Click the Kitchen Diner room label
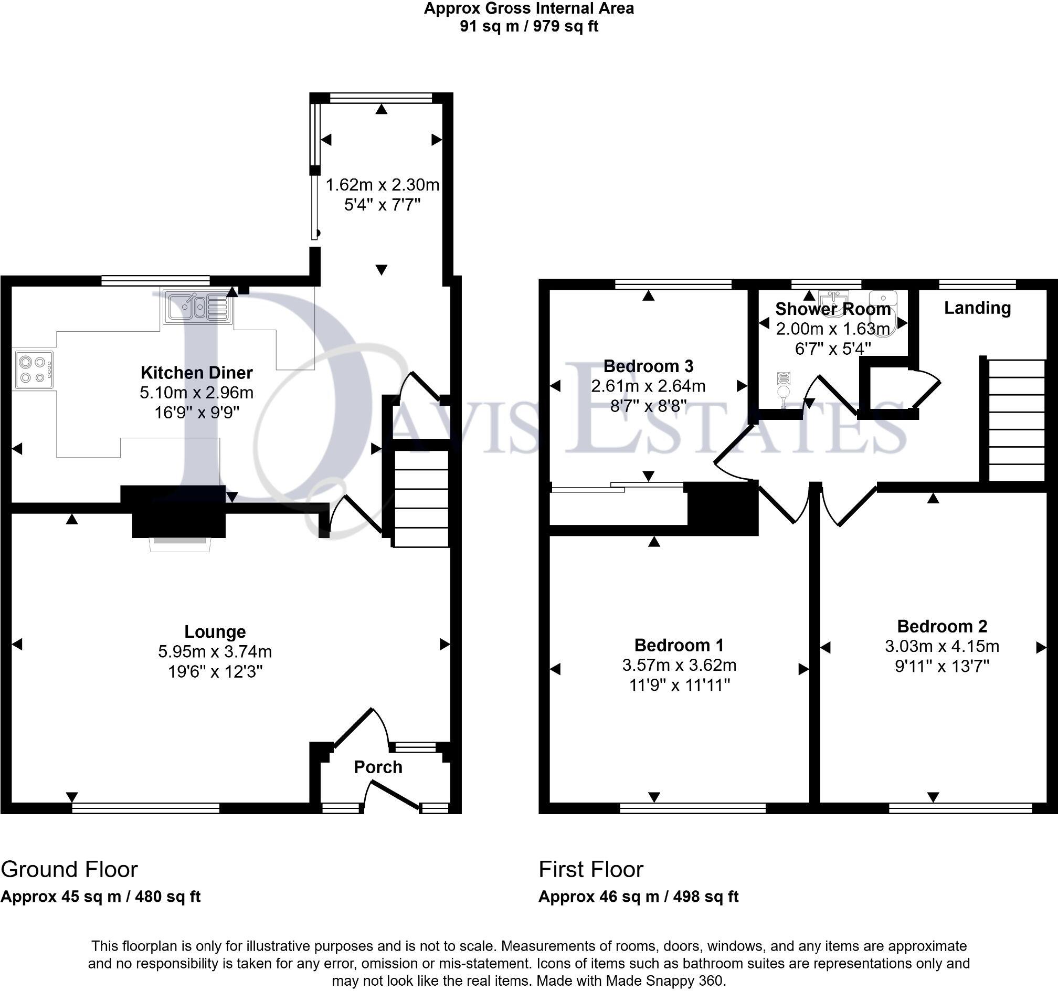(x=196, y=373)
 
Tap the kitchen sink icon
(x=197, y=307)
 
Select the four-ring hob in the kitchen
(x=34, y=370)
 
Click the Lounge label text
(x=215, y=632)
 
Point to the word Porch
(x=378, y=767)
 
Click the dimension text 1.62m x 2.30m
(x=382, y=185)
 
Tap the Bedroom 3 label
(x=648, y=366)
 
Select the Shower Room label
(x=832, y=309)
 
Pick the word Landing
(x=977, y=308)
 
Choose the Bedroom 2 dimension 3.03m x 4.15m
(x=942, y=646)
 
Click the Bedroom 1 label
(x=679, y=645)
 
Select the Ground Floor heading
(x=69, y=870)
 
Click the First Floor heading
(x=591, y=870)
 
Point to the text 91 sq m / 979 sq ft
(x=528, y=26)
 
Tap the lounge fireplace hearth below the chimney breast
(x=179, y=544)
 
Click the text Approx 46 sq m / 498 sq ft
(x=638, y=897)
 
